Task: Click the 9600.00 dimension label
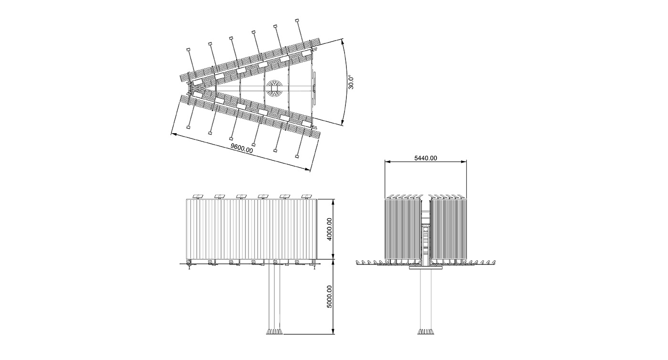242,148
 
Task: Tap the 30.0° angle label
351,83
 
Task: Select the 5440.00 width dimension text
426,158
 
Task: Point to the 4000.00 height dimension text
329,229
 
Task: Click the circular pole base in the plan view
274,88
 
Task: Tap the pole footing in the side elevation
274,331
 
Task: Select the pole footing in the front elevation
426,331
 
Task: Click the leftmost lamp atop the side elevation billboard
198,196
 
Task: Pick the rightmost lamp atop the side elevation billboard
307,196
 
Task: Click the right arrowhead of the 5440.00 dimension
464,162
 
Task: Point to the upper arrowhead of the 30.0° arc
343,42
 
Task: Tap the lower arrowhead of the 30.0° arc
343,122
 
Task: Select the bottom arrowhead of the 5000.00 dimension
333,331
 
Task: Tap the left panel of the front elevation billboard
403,229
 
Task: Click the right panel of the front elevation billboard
449,229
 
